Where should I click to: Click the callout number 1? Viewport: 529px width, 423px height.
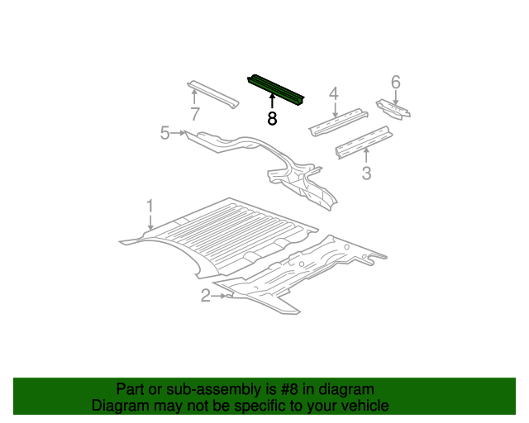[x=150, y=205]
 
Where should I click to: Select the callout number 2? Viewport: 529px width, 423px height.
[x=205, y=296]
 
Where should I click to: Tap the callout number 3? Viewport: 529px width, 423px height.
[x=366, y=173]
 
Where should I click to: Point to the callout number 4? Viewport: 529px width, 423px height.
[x=334, y=93]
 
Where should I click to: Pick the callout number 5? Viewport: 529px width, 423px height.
[x=164, y=132]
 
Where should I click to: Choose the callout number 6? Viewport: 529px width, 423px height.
[x=395, y=81]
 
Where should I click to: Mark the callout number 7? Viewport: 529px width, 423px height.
[x=195, y=114]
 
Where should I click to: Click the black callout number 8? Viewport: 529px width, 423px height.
[x=272, y=118]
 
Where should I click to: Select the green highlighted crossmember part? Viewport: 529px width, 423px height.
[x=277, y=89]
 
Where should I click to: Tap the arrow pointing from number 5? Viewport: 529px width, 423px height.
[x=177, y=132]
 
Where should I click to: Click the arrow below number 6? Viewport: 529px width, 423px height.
[x=395, y=97]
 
